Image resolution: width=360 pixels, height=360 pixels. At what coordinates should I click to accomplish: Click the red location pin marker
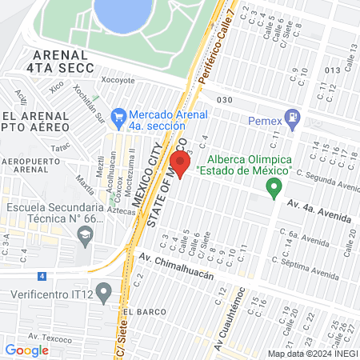coord(179,164)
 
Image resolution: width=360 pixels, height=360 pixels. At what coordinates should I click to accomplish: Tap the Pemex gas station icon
coord(294,120)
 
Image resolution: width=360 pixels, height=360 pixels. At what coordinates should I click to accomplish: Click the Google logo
coord(26,350)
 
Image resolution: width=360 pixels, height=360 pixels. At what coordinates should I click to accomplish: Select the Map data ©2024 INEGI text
coord(313,353)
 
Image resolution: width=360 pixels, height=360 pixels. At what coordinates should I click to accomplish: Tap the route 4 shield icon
coord(42,276)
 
